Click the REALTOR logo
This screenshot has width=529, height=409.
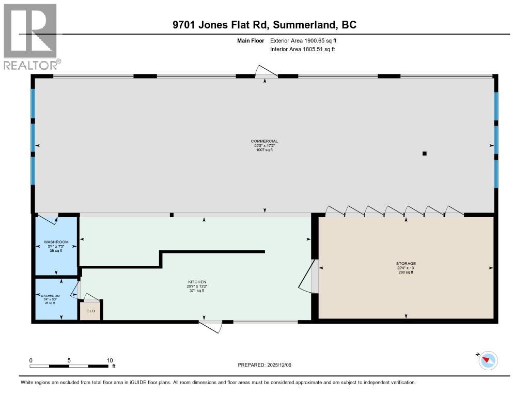(x=32, y=37)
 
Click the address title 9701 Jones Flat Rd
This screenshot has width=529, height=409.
(x=264, y=24)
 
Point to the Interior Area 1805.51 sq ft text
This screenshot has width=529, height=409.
(x=302, y=49)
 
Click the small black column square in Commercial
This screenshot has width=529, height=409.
(x=424, y=153)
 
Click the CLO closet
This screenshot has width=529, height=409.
(x=90, y=311)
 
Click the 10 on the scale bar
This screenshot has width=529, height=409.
(x=110, y=360)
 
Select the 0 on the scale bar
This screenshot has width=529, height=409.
(x=31, y=360)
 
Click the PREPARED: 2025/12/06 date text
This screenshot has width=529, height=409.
(x=268, y=365)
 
